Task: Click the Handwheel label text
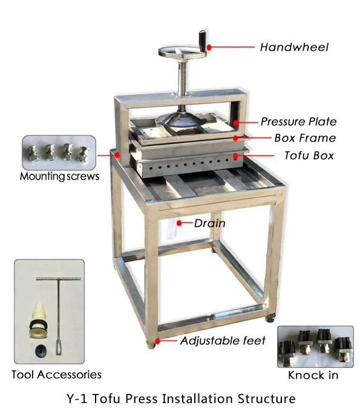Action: [x=294, y=47]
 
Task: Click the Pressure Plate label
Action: [x=298, y=122]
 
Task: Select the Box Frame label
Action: [x=304, y=138]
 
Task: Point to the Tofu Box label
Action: [x=309, y=156]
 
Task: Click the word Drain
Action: [x=209, y=223]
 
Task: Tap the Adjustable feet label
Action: [x=223, y=341]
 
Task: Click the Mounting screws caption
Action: [x=59, y=177]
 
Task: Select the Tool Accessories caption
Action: [x=56, y=375]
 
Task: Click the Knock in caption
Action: [x=313, y=375]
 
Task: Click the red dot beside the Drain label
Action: [x=179, y=223]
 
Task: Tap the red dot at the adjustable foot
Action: [x=158, y=341]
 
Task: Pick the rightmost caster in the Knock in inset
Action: [x=342, y=346]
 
